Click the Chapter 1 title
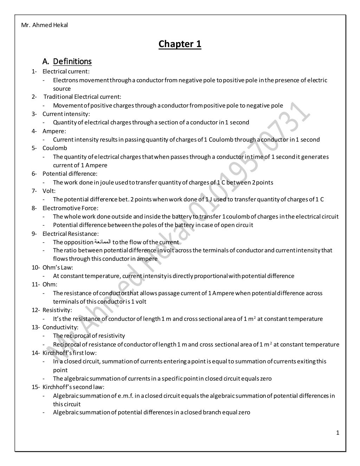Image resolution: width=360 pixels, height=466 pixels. (180, 44)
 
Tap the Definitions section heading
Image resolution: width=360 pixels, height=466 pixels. (72, 62)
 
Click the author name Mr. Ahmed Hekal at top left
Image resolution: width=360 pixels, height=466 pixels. (45, 25)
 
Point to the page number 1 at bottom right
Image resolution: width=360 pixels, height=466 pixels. (337, 433)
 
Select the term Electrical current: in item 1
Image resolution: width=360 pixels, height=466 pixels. (66, 71)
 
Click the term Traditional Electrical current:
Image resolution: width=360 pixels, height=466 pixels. (82, 97)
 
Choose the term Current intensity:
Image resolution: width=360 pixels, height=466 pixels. (66, 114)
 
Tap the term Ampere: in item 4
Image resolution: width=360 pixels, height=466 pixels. (54, 131)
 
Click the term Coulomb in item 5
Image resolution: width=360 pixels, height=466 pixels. (54, 148)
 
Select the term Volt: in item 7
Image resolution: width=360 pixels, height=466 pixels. (49, 191)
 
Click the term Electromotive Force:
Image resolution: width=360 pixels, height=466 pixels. (70, 208)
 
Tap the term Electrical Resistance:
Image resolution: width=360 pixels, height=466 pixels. (71, 234)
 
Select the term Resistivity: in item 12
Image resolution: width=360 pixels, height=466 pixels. (57, 310)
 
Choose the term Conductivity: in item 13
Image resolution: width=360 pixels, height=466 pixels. (60, 327)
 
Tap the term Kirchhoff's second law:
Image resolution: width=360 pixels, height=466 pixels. (73, 387)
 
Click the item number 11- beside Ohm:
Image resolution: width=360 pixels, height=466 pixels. (36, 284)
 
